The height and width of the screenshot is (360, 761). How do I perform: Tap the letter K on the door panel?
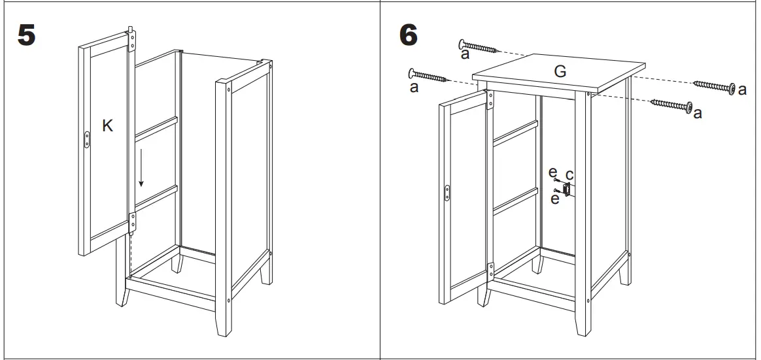[x=108, y=126]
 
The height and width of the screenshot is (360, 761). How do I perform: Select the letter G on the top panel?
[x=560, y=72]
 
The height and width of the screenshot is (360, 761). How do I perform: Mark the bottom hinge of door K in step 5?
[x=133, y=222]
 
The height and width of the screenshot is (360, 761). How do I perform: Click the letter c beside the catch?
[x=569, y=174]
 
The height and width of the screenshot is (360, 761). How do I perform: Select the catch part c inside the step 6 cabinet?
[x=566, y=190]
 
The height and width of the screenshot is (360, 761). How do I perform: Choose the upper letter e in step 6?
[x=553, y=172]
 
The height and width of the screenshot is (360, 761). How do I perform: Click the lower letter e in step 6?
[x=555, y=199]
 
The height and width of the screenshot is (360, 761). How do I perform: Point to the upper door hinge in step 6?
[x=491, y=99]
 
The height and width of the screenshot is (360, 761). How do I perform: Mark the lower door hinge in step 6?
[x=491, y=269]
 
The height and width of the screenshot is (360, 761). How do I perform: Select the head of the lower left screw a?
[x=413, y=73]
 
